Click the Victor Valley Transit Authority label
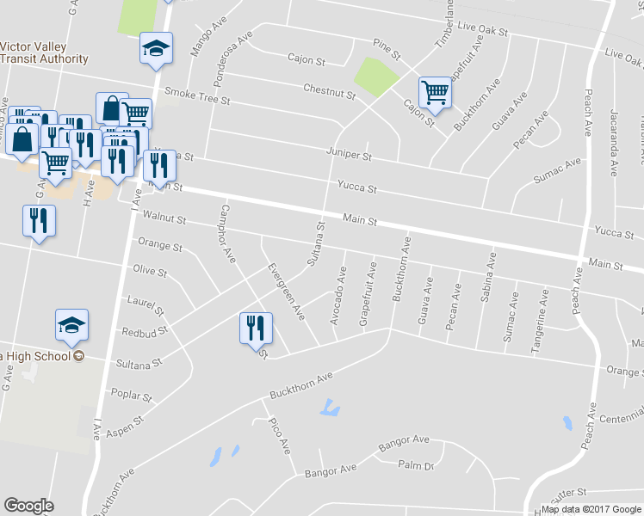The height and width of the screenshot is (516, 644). point(44,52)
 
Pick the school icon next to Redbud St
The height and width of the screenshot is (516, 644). point(72,324)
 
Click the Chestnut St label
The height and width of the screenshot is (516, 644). point(329,89)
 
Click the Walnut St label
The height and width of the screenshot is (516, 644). point(164,219)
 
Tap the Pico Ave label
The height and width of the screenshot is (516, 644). point(280,436)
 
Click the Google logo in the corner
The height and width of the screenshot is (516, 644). point(28,506)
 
